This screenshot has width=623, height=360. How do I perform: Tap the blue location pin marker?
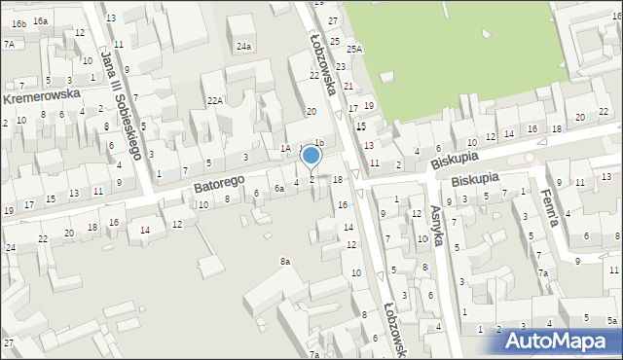[311, 156]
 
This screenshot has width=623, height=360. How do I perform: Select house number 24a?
[243, 46]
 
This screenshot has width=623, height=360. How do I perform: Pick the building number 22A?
[215, 100]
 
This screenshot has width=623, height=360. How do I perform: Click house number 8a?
[285, 262]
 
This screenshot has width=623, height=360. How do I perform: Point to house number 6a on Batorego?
[278, 188]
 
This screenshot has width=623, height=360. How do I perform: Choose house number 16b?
[18, 21]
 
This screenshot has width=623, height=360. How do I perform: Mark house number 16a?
[40, 20]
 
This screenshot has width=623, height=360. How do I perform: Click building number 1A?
[285, 148]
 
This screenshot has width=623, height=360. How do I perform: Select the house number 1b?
[317, 142]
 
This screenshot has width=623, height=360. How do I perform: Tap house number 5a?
[611, 320]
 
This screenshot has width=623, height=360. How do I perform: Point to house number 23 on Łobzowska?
[341, 66]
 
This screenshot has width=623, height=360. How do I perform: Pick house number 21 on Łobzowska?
[348, 86]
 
